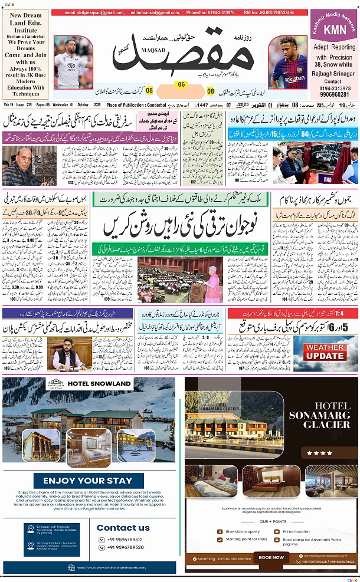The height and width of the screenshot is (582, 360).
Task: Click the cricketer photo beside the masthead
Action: point(73,62)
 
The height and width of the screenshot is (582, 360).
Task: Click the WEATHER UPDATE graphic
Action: point(325,352)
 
